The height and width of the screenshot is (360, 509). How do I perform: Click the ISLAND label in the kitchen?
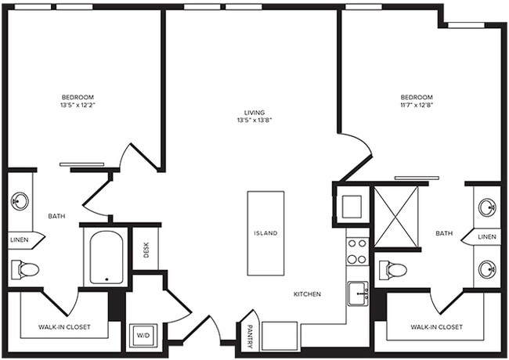pyautogui.click(x=265, y=233)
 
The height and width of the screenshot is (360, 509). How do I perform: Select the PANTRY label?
pyautogui.click(x=250, y=334)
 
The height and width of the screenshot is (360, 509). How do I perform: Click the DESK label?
pyautogui.click(x=146, y=249)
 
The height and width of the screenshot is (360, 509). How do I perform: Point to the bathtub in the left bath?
pyautogui.click(x=105, y=257)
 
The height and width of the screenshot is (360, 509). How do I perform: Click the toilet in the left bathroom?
pyautogui.click(x=25, y=270)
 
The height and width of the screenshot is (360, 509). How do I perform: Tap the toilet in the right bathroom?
pyautogui.click(x=393, y=271)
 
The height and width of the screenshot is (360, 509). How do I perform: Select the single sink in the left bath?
pyautogui.click(x=20, y=201)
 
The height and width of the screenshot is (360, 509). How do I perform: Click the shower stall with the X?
pyautogui.click(x=396, y=216)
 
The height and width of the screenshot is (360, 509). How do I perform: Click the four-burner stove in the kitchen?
pyautogui.click(x=357, y=251)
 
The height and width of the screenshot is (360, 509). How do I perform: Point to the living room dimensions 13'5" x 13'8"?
pyautogui.click(x=251, y=121)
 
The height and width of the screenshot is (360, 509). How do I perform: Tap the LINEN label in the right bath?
pyautogui.click(x=487, y=236)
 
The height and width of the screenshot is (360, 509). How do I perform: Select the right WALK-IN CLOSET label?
pyautogui.click(x=435, y=326)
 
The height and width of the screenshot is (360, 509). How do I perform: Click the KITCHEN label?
pyautogui.click(x=307, y=294)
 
